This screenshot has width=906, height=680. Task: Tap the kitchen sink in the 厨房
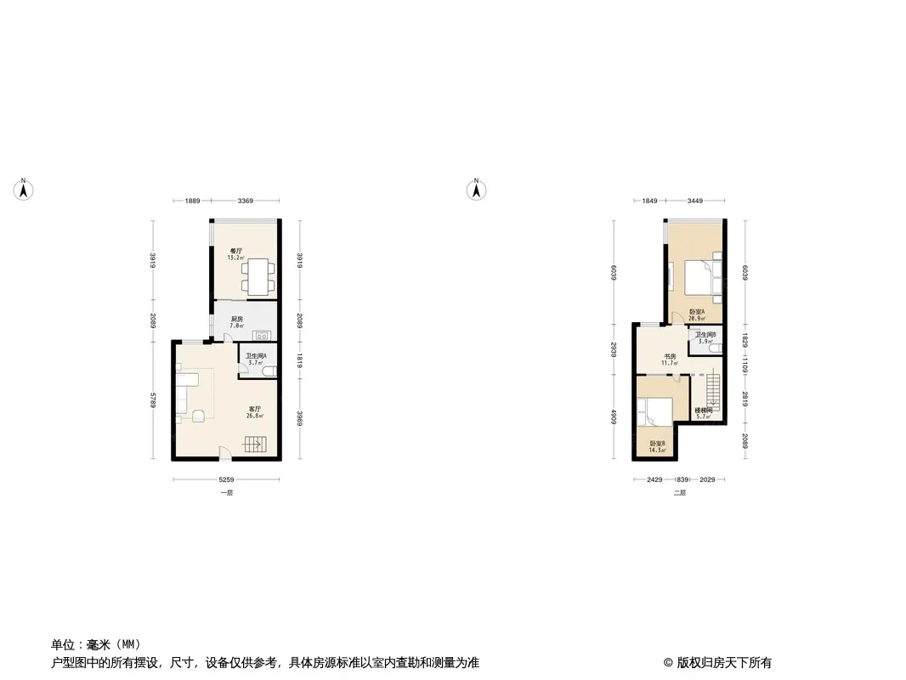point(263,334)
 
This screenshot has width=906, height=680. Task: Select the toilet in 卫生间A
point(269,371)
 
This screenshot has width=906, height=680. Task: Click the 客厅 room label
point(254,409)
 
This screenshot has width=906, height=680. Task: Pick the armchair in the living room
point(198,416)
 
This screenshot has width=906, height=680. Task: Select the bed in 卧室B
point(657,412)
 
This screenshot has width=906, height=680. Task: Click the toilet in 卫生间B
point(716,348)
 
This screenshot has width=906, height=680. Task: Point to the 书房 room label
point(670,357)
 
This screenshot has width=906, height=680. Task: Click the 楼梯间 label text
point(703,410)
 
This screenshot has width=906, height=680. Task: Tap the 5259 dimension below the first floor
point(225,480)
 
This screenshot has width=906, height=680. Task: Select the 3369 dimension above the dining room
point(245,201)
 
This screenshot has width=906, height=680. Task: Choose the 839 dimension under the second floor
point(682,480)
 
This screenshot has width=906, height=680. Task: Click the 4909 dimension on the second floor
point(614,417)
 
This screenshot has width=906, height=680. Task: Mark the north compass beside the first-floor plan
point(25,190)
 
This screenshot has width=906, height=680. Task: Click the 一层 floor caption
point(225,493)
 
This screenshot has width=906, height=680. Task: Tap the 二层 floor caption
point(678,493)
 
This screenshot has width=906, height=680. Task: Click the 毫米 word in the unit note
point(99,644)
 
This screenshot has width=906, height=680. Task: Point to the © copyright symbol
point(668,663)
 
